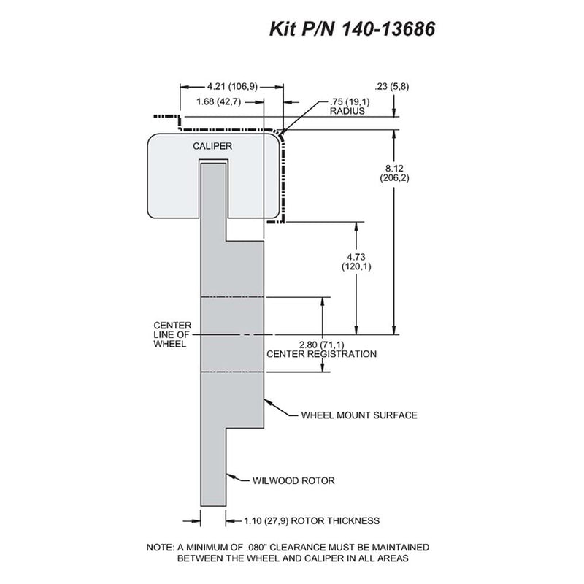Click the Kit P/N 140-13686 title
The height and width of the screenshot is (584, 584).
[352, 28]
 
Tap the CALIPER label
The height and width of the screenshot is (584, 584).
[212, 146]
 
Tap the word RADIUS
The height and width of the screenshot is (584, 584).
[347, 111]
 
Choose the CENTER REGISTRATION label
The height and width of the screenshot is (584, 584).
[321, 354]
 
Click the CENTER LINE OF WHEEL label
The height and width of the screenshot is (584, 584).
[172, 334]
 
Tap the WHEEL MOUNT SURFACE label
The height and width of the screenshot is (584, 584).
[359, 415]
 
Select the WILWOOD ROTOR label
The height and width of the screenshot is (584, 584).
[293, 480]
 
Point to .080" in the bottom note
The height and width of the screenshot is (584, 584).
[256, 547]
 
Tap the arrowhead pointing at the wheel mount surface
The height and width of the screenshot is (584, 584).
[268, 402]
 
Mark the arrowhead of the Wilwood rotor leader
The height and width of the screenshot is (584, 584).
[230, 476]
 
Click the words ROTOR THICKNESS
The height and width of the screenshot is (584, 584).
[335, 520]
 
